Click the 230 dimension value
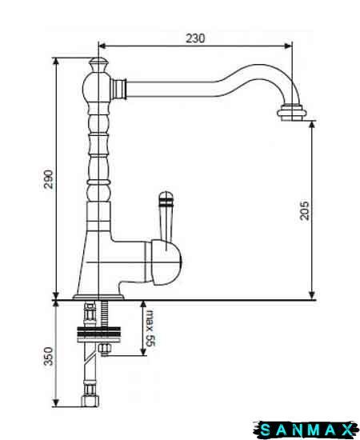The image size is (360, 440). pos(195,38)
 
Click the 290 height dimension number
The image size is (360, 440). pos(48,179)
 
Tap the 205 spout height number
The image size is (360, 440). pos(305,210)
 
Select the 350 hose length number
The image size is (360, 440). pos(48,356)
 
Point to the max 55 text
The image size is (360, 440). pos(150,328)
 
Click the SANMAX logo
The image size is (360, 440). pos(306,430)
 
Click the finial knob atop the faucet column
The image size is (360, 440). pos(98,65)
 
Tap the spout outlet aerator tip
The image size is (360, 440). pos(292,113)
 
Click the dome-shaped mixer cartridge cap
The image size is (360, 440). pos(166,262)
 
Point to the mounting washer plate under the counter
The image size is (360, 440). pos(98,334)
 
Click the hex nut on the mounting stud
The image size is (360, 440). pos(105,349)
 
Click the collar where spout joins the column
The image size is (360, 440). pos(118,89)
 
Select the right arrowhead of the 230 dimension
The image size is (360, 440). pos(289,46)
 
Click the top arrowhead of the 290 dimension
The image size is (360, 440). pos(56,62)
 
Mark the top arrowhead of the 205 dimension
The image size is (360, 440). pos(312,125)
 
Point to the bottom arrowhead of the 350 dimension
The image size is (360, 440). pos(56,402)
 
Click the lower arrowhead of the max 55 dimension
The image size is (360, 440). pos(143,352)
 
